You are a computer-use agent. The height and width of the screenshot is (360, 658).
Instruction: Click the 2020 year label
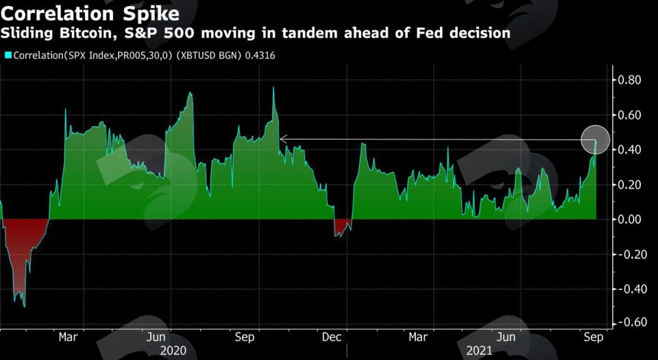(x=173, y=350)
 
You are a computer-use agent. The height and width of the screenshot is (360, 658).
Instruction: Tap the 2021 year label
(x=479, y=350)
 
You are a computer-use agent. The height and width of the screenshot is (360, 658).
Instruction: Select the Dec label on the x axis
(x=332, y=337)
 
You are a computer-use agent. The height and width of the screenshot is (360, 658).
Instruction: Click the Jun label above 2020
(x=156, y=337)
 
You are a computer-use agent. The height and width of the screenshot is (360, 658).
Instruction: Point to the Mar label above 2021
(x=418, y=337)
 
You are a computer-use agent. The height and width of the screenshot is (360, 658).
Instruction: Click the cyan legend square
(x=8, y=56)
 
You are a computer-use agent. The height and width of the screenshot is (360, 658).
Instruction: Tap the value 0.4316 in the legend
(x=260, y=56)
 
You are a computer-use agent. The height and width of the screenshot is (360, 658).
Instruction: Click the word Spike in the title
(x=151, y=14)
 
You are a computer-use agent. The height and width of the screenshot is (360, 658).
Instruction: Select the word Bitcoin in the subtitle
(x=88, y=33)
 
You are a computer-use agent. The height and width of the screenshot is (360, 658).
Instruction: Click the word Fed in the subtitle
(x=430, y=33)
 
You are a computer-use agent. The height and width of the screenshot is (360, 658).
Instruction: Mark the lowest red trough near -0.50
(x=24, y=307)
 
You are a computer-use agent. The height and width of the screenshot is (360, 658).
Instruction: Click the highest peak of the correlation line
(x=273, y=87)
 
